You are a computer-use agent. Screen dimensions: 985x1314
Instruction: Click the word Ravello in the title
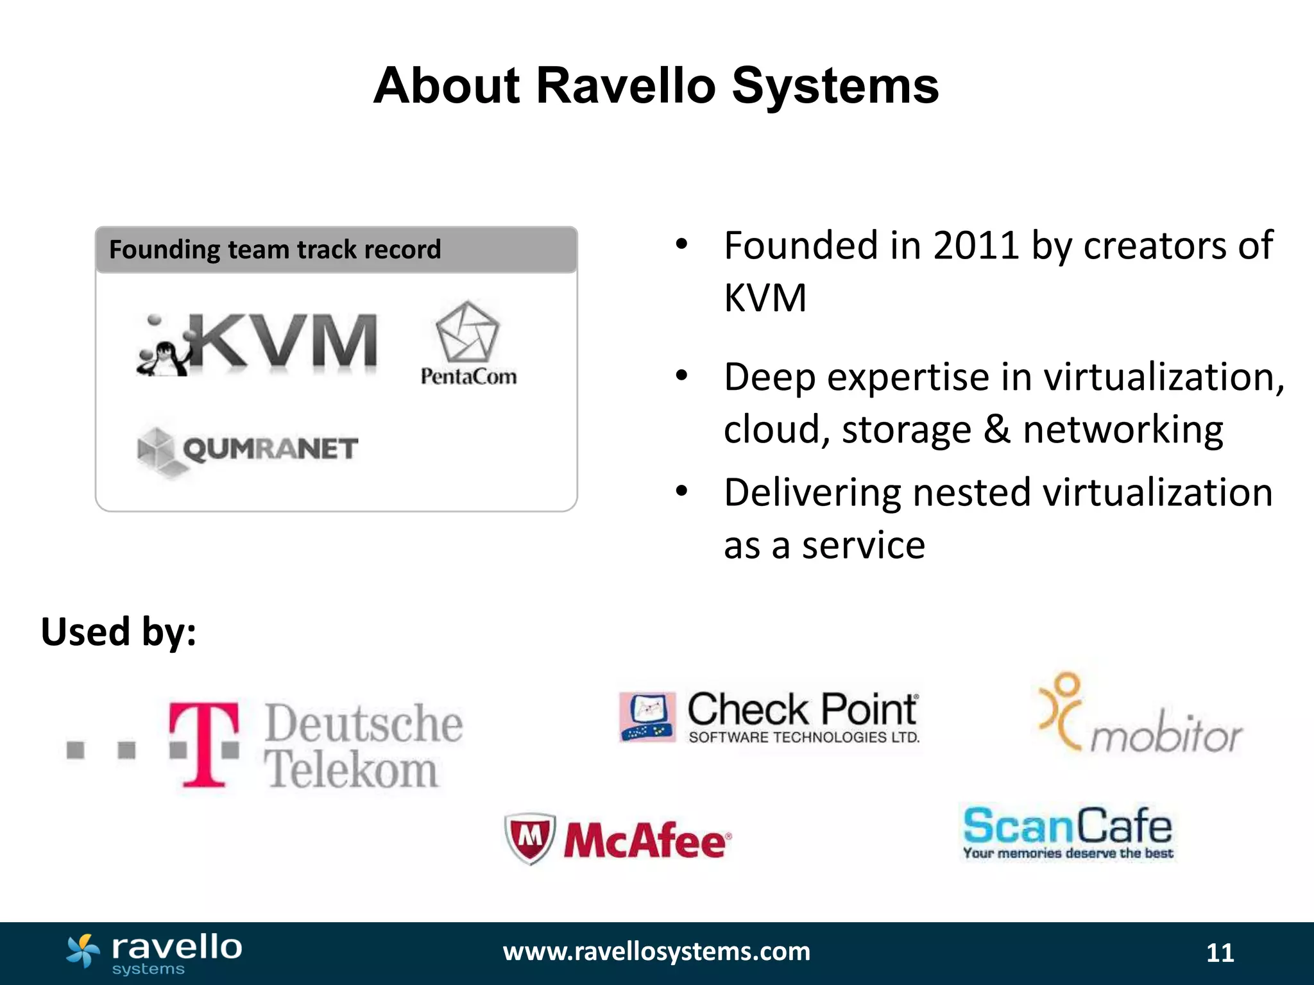coord(625,86)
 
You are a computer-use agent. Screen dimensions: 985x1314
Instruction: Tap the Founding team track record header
coord(275,249)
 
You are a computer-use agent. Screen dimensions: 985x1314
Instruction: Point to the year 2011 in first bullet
coord(975,246)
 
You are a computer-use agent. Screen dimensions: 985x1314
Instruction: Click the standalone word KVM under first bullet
coord(765,298)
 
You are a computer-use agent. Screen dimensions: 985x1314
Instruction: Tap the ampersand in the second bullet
coord(996,429)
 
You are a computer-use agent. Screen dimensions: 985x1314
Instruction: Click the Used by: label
coord(119,632)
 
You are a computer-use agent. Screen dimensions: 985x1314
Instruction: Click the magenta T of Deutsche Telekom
coord(204,744)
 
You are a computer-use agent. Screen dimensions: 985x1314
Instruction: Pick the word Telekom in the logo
coord(352,770)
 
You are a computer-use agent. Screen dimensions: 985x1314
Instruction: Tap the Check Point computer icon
coord(647,717)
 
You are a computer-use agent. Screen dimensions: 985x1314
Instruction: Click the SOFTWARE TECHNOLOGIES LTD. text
coord(803,737)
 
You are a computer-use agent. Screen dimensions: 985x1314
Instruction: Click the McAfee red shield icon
coord(529,838)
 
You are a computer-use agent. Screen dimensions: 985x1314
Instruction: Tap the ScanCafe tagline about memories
coord(1068,854)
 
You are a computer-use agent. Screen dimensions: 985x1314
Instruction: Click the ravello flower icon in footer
coord(83,950)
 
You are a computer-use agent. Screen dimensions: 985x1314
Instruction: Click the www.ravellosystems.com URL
coord(656,952)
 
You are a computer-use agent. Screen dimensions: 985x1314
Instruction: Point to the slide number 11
coord(1220,953)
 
